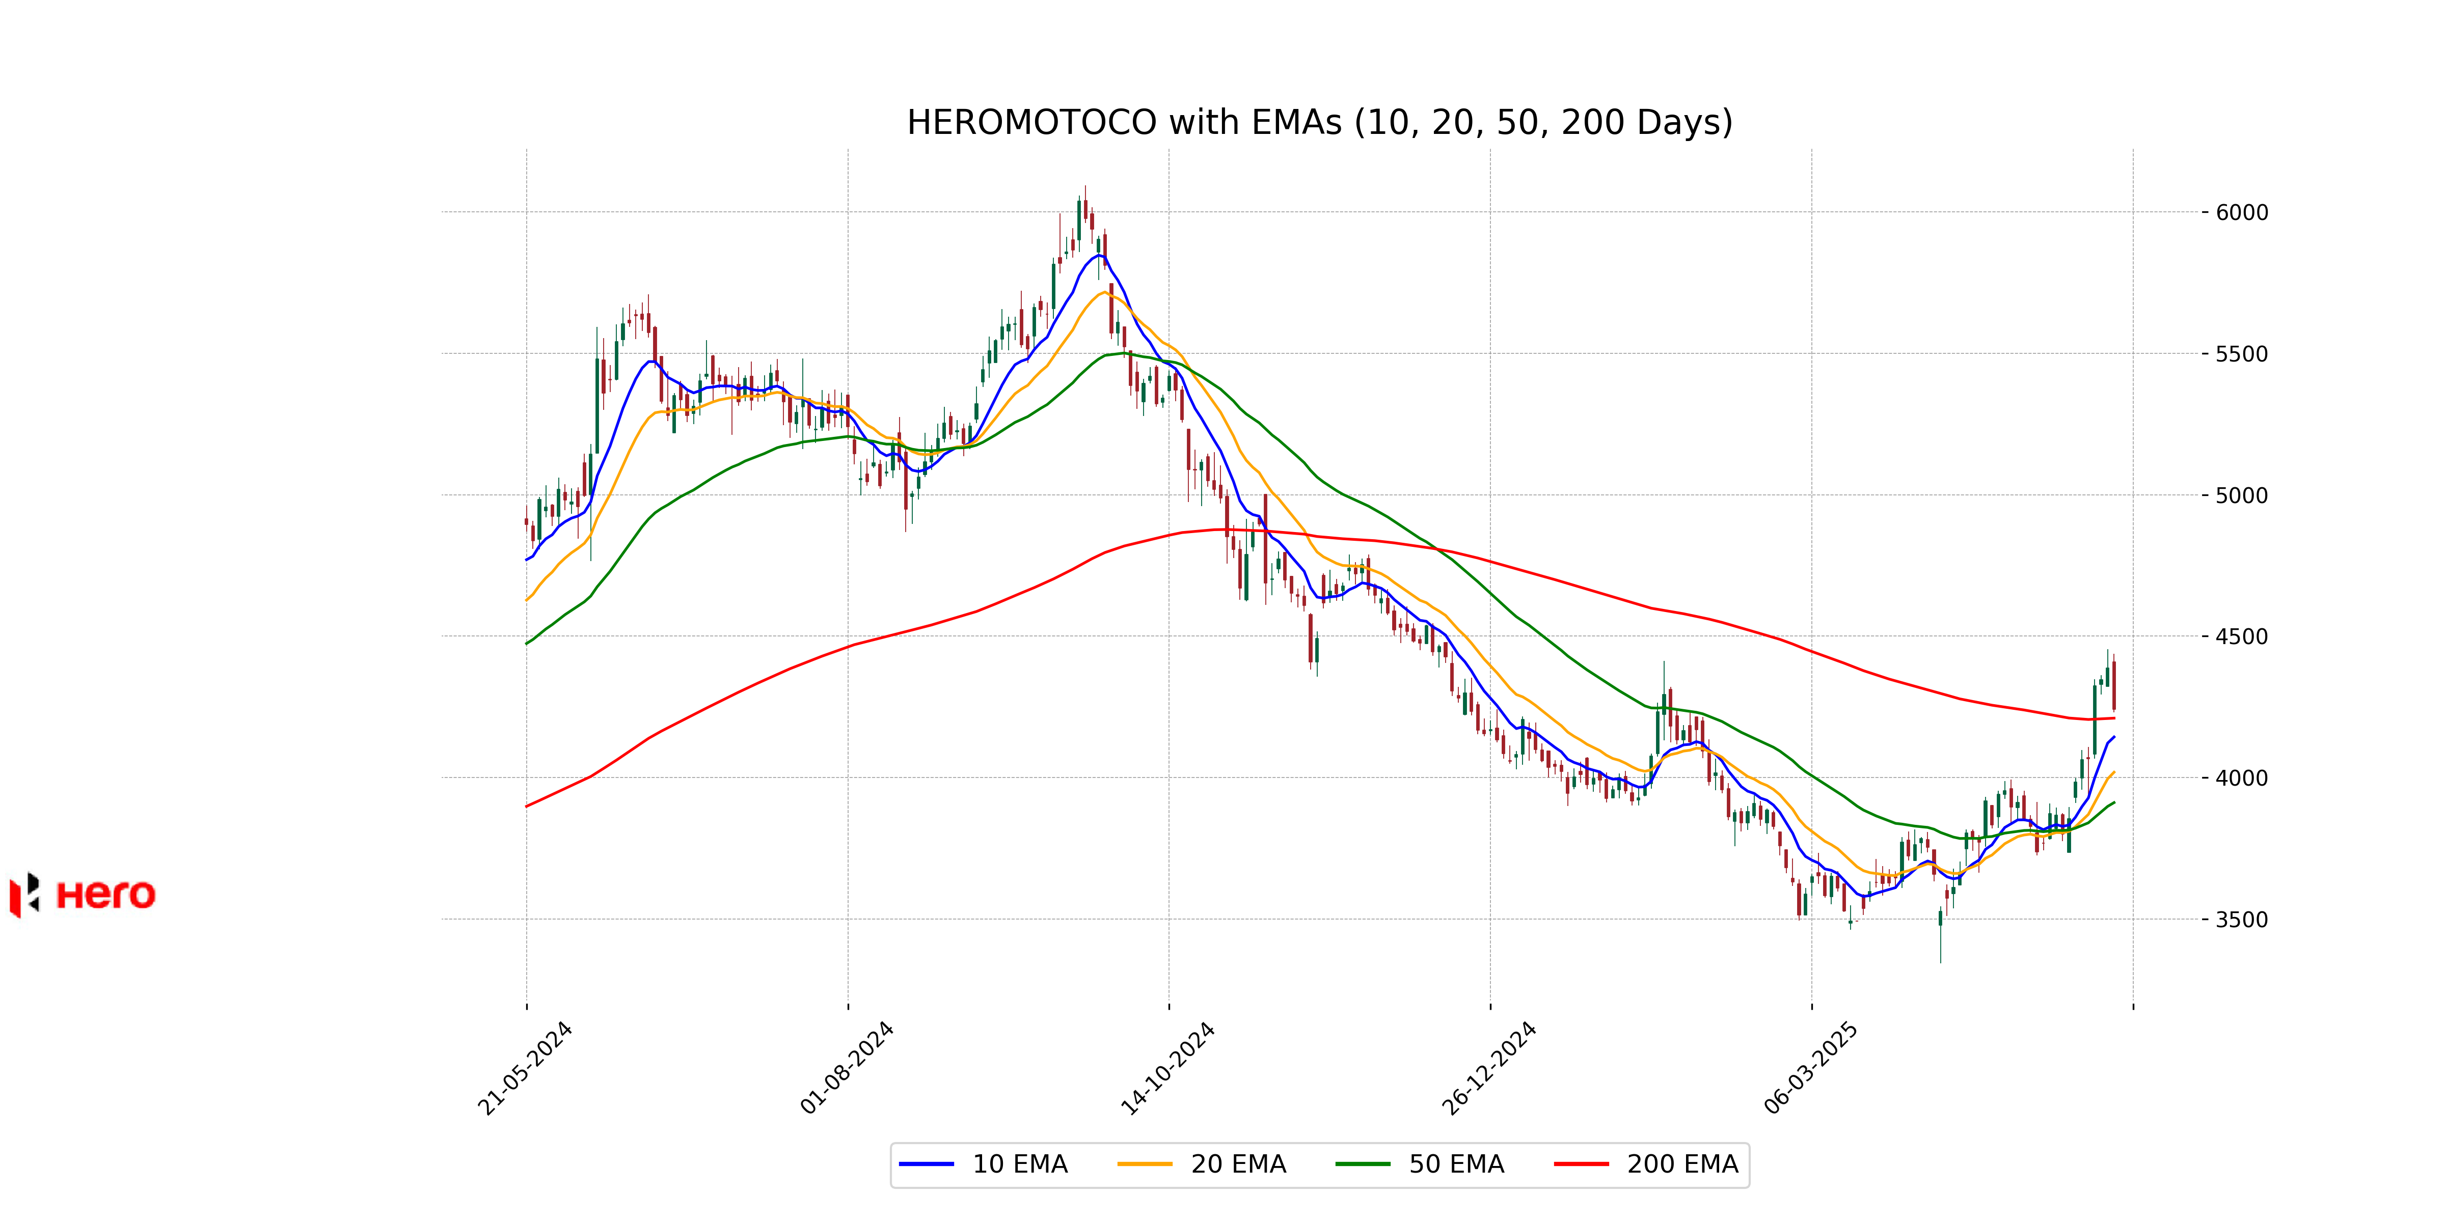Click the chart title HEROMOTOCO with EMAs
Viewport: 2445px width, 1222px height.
(1319, 122)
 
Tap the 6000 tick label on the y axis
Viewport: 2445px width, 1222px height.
(2242, 212)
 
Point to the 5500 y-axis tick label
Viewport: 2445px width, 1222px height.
(2242, 354)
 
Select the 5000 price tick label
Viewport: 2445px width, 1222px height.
(2242, 495)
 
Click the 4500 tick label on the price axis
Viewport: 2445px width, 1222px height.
(2242, 636)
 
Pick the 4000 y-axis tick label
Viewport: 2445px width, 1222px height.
(2242, 778)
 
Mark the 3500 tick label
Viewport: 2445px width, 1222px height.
(2242, 920)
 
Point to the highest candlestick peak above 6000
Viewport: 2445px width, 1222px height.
(1085, 188)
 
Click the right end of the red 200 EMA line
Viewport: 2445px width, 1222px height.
(2114, 718)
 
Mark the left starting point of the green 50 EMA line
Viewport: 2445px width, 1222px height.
(527, 643)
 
